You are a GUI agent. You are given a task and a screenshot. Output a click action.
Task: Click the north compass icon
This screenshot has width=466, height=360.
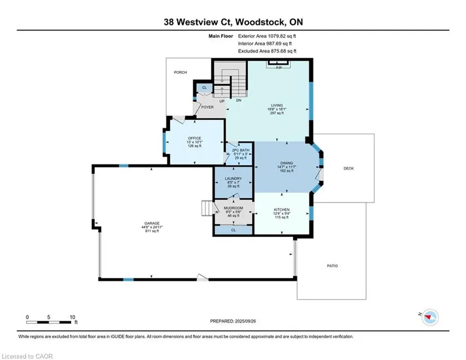point(430,317)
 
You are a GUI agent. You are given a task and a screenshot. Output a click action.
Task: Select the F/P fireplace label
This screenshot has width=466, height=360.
point(279,68)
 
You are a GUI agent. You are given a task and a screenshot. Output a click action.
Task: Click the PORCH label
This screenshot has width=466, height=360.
point(180,72)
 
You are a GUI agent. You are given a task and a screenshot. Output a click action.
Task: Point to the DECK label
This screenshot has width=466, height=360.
point(349,168)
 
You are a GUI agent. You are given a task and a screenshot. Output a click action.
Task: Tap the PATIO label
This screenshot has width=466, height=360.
point(332,266)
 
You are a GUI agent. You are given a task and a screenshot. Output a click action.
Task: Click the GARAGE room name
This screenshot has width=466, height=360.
point(152,223)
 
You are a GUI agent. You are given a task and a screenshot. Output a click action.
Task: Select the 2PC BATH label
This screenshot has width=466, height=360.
point(241,150)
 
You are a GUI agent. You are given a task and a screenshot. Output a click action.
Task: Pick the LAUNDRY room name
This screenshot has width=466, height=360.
point(233,179)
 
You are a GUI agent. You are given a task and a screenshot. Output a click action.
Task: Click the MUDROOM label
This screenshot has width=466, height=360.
point(233,208)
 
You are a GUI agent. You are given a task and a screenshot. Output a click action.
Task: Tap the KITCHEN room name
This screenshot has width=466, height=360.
point(281,210)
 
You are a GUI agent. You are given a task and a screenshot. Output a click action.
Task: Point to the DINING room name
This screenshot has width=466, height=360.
point(286,163)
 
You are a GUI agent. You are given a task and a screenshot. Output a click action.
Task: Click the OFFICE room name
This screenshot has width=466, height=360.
point(194,138)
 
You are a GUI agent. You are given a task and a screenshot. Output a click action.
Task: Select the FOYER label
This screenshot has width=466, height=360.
point(207,107)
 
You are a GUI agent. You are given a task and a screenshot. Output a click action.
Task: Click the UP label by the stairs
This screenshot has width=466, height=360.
point(222,101)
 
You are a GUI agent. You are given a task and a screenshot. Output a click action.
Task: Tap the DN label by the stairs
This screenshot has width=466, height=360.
point(238,100)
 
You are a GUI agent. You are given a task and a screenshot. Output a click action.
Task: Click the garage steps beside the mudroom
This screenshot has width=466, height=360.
point(207,208)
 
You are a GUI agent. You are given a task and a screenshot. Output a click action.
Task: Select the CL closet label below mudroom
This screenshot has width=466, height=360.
point(233,230)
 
